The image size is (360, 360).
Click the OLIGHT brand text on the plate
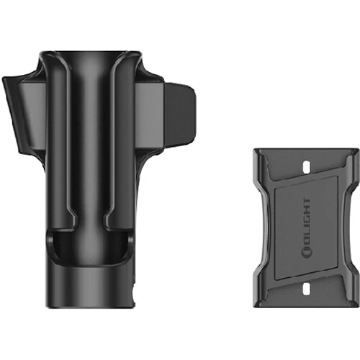(x=306, y=228)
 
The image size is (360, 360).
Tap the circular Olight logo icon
(x=306, y=253)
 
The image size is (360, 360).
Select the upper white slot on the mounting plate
(x=307, y=166)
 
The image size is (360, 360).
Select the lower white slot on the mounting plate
(x=307, y=289)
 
